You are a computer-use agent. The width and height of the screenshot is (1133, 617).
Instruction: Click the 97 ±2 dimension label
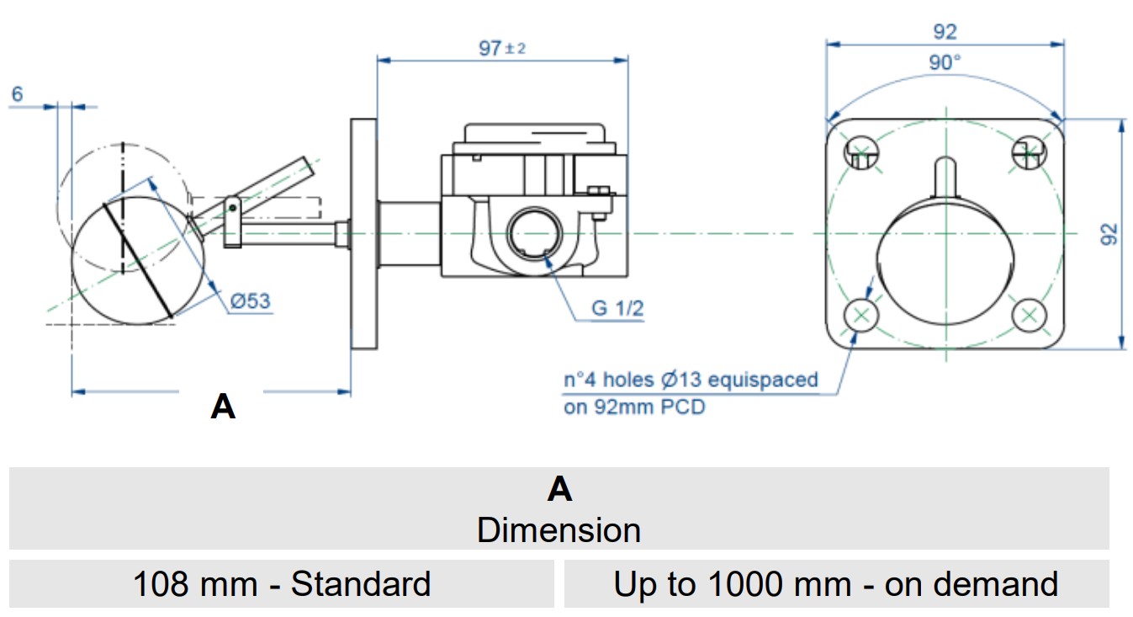tap(502, 48)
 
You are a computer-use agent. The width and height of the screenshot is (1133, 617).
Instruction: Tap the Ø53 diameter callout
tap(251, 301)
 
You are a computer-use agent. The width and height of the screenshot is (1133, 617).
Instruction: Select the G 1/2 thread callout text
tap(617, 308)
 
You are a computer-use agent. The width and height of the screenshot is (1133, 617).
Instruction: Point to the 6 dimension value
tap(18, 94)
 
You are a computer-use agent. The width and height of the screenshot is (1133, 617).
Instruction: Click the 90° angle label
tap(945, 62)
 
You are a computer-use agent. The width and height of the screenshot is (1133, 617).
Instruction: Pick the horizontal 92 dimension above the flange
tap(945, 32)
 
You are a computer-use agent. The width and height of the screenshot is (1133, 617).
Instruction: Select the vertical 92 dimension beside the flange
tap(1109, 233)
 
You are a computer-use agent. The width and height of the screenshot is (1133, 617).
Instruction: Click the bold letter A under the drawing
tap(223, 407)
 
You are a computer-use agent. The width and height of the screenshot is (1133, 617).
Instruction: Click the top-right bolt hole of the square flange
tap(1029, 151)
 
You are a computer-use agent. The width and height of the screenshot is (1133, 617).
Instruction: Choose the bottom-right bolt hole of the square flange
tap(1029, 316)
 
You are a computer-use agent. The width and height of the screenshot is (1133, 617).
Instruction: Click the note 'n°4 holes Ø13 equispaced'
tap(691, 380)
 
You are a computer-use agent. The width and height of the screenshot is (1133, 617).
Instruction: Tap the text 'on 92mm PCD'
tap(634, 407)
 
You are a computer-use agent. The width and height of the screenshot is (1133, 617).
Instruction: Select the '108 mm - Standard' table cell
tap(282, 583)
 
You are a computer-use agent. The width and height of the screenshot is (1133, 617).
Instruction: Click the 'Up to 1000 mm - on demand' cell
tap(835, 583)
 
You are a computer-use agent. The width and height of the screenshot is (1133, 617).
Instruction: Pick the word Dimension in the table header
tap(559, 530)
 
